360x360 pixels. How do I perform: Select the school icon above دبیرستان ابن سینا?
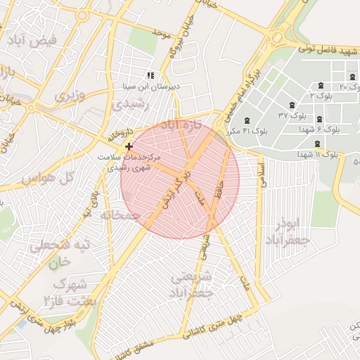point(149,75)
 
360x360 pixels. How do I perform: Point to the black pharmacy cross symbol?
point(128,146)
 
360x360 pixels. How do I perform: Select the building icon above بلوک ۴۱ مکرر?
point(246,121)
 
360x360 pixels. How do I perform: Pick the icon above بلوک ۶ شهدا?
point(320,120)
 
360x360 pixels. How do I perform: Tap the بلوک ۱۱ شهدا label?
point(318,154)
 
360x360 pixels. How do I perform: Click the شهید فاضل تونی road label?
point(328,49)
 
